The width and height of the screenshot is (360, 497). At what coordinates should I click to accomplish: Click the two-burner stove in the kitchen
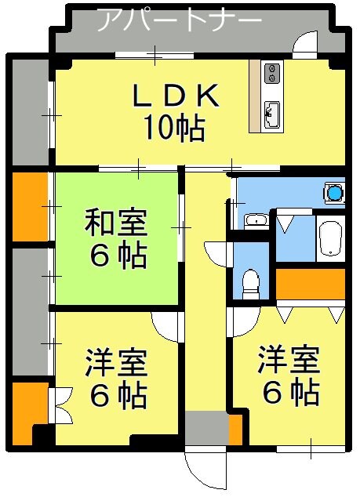click(273, 73)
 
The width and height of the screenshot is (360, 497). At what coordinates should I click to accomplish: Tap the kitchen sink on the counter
click(273, 113)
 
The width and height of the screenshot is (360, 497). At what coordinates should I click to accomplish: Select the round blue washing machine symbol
click(335, 192)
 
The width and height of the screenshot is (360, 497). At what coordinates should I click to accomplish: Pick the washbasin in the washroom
click(255, 220)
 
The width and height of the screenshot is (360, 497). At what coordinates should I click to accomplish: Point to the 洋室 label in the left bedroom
click(116, 362)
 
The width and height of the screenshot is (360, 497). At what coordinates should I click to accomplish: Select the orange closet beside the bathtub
click(311, 285)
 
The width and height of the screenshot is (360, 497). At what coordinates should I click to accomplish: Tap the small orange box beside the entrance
click(235, 427)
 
